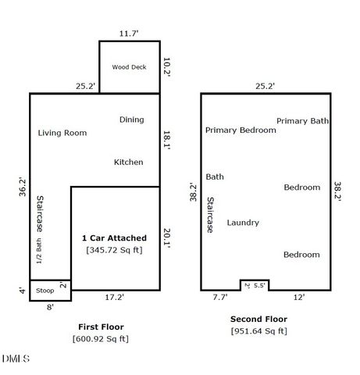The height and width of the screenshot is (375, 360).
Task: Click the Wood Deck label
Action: (x=129, y=67)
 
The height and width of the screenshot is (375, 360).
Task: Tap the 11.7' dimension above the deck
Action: (x=128, y=34)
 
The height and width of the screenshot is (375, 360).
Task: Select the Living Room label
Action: (x=62, y=133)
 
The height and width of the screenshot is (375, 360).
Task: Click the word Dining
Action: (x=131, y=120)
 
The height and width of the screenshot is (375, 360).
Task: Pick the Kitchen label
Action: (x=129, y=162)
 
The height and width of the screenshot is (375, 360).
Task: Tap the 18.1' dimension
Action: (x=166, y=139)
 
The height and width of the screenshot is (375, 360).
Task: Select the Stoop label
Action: (x=45, y=290)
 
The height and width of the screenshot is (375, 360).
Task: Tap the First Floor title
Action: (x=101, y=327)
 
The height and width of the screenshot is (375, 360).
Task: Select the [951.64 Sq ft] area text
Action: (x=258, y=331)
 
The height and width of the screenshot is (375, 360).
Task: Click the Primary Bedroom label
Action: (x=241, y=130)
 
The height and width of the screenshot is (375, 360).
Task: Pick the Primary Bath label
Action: (x=302, y=121)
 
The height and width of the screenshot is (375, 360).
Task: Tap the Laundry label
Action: (x=243, y=223)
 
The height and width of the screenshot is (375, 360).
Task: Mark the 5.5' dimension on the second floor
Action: (x=260, y=285)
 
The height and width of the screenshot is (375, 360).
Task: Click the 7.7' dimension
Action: (x=219, y=297)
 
